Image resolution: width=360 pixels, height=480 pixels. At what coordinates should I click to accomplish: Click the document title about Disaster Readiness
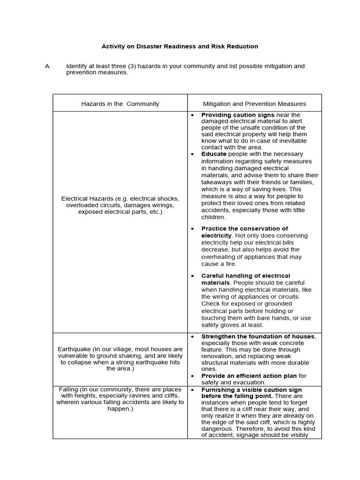[x=180, y=46]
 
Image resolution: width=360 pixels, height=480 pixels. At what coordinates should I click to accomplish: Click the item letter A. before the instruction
[x=48, y=66]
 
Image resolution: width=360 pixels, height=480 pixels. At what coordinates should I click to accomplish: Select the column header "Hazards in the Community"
[x=120, y=104]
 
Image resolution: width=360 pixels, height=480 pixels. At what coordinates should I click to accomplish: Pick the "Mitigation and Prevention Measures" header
[x=254, y=104]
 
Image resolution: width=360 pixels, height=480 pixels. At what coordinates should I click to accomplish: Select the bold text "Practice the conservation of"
[x=244, y=229]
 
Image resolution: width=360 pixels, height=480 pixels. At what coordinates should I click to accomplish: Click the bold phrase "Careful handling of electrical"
[x=246, y=276]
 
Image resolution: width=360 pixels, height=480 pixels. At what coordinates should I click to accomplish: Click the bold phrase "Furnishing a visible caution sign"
[x=251, y=390]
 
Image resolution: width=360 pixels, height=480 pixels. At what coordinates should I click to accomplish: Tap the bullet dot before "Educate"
[x=192, y=154]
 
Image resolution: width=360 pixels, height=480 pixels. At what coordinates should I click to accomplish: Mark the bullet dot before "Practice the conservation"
[x=192, y=229]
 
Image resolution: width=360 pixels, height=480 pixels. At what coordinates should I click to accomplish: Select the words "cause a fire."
[x=219, y=264]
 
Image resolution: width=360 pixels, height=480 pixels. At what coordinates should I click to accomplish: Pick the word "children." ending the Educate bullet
[x=213, y=217]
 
